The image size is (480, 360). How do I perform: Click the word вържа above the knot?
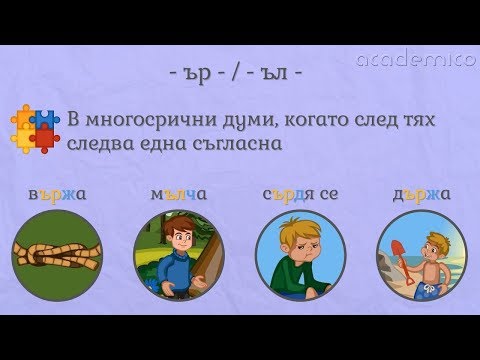58,193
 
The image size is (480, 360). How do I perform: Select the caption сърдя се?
299,193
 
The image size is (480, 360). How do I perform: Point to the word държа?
420,193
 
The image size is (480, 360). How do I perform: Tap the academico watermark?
415,60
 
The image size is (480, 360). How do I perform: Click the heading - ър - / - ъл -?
239,74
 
